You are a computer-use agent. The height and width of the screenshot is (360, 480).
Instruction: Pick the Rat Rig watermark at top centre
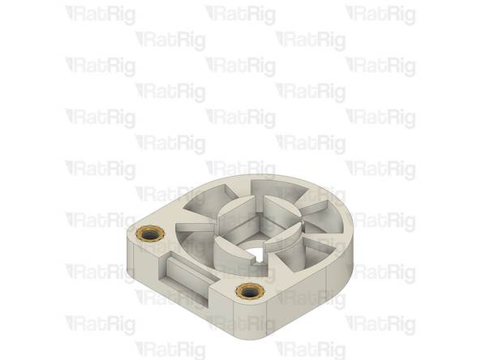tap(240, 15)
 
